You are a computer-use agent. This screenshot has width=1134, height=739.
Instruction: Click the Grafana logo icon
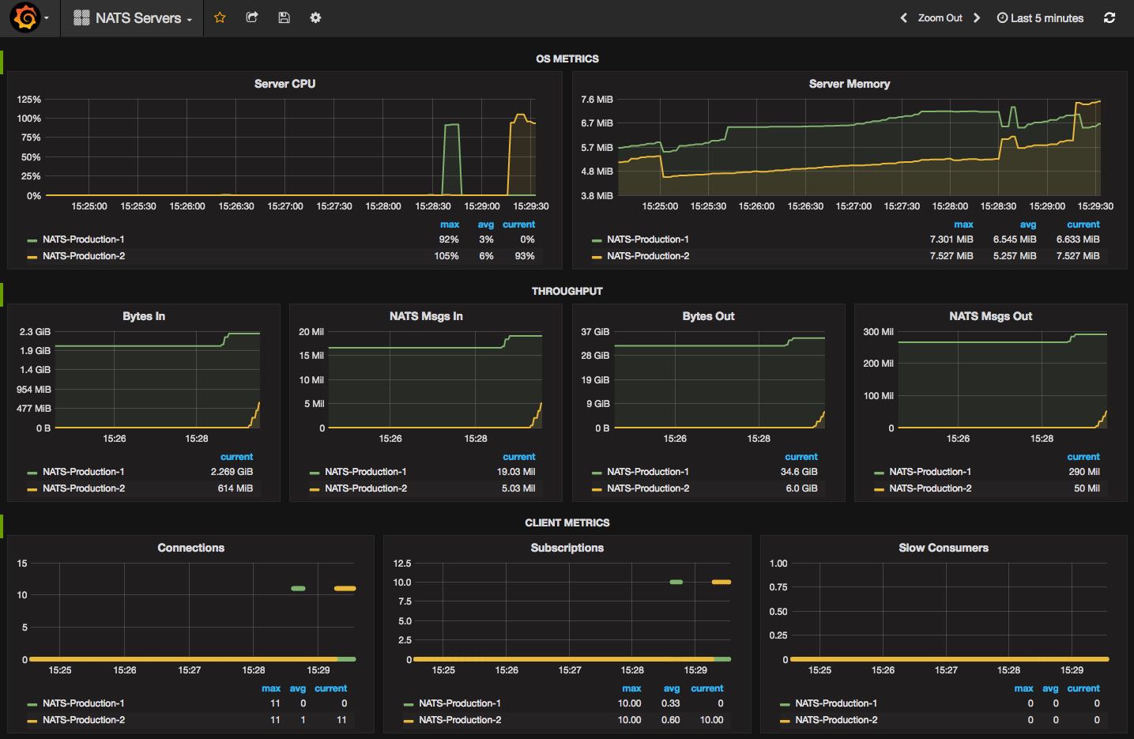24,17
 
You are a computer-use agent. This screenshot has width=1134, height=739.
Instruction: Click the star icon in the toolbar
220,17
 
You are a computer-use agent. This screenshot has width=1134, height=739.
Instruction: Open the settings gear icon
315,17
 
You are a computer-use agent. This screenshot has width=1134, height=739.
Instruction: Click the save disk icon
284,17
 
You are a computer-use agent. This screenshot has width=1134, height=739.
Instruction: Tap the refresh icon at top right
1110,17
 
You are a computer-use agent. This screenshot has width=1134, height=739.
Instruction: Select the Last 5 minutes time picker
1040,18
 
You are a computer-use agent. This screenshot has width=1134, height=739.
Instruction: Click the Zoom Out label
940,18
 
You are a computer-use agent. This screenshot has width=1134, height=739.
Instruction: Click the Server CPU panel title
284,84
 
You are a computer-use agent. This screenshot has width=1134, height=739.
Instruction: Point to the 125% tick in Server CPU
29,100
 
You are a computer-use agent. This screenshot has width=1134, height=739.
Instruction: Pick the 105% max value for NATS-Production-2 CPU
446,256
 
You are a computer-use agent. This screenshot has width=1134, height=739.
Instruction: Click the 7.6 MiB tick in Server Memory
597,100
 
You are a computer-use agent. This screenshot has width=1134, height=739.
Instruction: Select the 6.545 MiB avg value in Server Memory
1015,239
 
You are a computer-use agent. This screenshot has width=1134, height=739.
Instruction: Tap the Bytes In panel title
144,316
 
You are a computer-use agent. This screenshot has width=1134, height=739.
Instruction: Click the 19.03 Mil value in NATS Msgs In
516,472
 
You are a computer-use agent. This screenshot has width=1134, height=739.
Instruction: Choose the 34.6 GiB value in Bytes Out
799,472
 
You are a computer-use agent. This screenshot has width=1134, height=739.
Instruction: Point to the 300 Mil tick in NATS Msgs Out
878,332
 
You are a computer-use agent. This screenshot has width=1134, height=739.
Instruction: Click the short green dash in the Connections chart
298,588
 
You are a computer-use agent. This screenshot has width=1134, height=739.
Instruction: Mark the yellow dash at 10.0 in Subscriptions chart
721,582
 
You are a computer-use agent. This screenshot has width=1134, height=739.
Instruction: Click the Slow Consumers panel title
944,549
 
